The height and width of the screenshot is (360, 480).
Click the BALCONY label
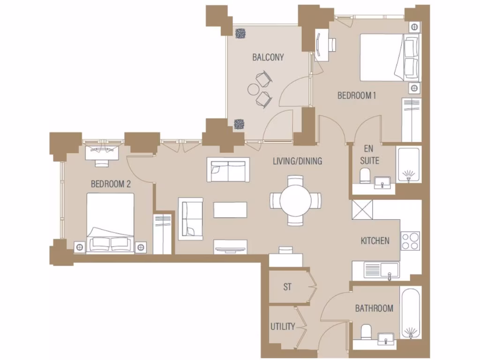268,57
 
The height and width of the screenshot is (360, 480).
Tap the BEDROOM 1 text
357,96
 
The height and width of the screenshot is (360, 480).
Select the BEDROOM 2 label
111,184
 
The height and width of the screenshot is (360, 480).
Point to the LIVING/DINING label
298,161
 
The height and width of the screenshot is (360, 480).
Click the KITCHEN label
375,241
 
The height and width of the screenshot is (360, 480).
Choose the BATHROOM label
374,308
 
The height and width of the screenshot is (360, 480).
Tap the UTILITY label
283,326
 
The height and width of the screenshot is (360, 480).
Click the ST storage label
287,287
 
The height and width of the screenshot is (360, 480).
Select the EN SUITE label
369,155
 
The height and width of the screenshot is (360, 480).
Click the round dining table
296,200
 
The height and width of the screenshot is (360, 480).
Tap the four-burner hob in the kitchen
411,241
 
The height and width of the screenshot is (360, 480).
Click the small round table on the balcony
254,89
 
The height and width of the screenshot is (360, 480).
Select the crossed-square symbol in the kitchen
362,209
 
